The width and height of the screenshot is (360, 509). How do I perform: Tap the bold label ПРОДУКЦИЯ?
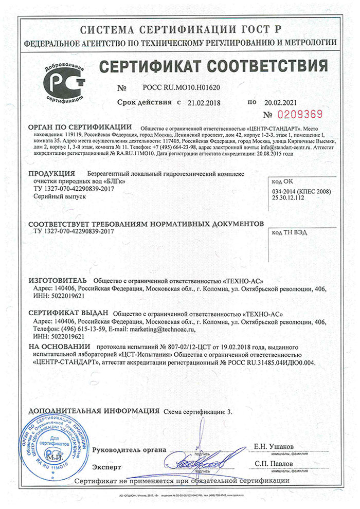[x=51, y=174]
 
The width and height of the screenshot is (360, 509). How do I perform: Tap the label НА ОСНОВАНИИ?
[x=59, y=347]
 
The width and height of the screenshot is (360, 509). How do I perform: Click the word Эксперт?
[x=106, y=467]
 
